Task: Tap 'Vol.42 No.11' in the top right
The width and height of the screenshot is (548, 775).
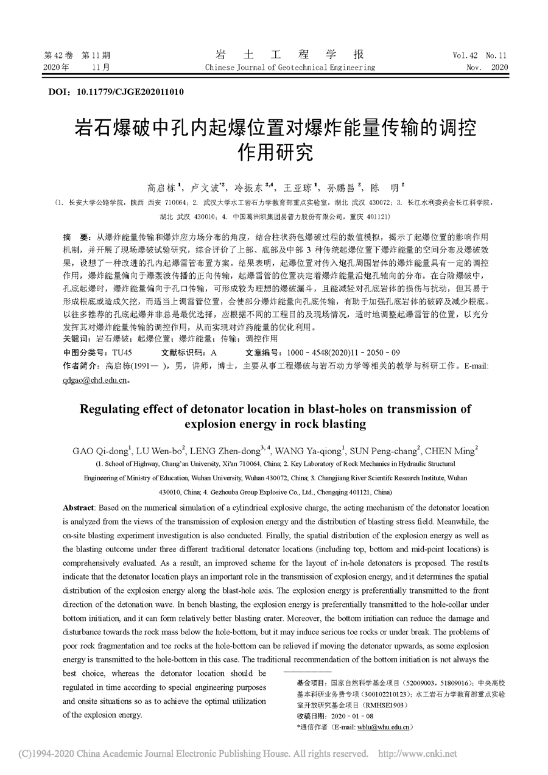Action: pos(480,55)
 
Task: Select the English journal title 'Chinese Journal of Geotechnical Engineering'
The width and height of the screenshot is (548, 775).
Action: pos(290,67)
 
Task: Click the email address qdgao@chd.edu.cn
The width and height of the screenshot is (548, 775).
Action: pos(95,380)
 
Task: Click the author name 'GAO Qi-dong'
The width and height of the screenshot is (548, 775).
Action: pos(98,451)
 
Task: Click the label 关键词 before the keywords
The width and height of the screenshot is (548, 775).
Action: pos(74,338)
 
